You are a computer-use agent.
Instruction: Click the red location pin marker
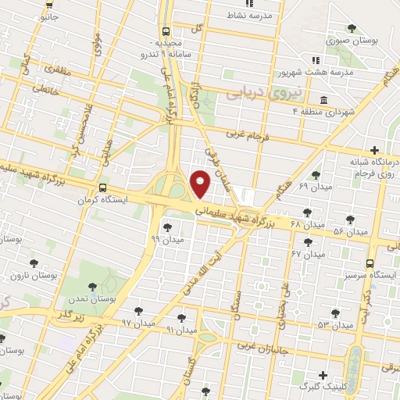[x=200, y=184]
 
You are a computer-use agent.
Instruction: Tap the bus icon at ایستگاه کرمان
[x=103, y=188]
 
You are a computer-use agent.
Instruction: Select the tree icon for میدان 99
[x=167, y=227]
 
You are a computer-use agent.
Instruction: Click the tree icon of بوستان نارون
[x=33, y=263]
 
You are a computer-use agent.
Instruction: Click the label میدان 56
[x=350, y=232]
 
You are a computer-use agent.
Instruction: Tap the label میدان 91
[x=181, y=330]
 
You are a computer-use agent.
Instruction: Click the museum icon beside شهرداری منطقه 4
[x=324, y=99]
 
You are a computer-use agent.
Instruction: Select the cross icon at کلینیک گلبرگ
[x=323, y=375]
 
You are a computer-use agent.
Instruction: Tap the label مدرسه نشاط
[x=248, y=15]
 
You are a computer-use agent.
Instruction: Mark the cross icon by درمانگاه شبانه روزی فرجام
[x=375, y=150]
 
